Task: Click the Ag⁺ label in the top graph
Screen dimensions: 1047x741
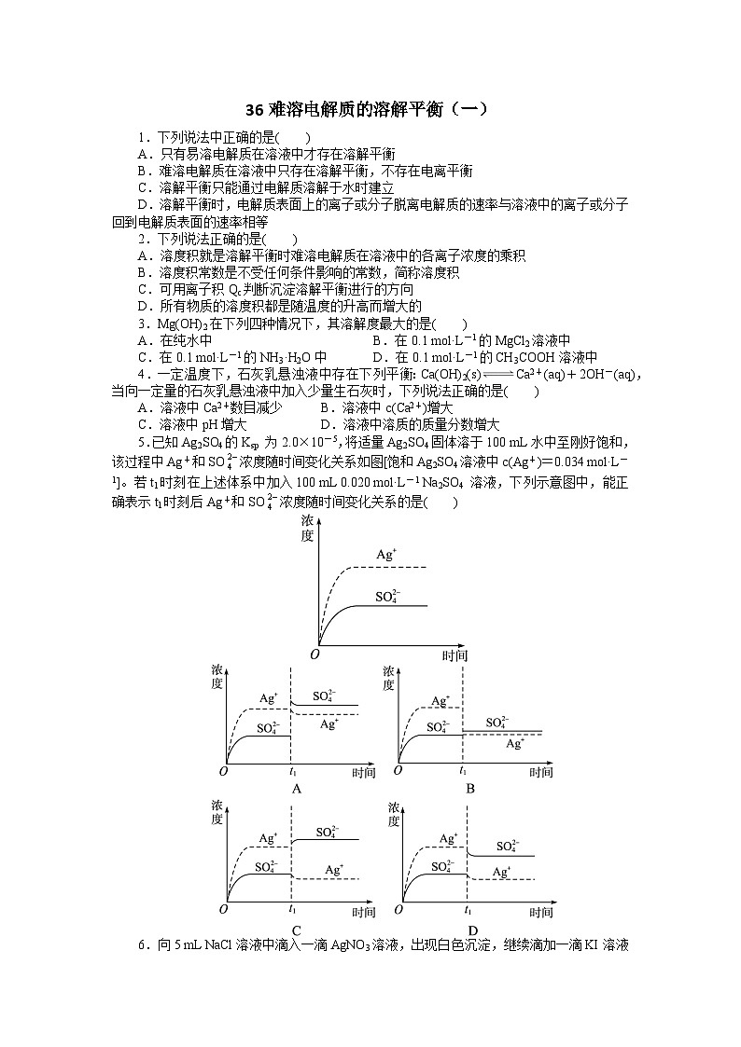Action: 386,554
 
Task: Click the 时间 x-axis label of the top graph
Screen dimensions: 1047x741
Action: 454,655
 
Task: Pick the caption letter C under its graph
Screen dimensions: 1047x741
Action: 296,930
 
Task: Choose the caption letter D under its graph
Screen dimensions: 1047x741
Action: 472,930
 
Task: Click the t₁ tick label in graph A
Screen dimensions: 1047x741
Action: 293,772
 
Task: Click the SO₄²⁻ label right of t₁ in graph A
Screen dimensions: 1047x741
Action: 323,696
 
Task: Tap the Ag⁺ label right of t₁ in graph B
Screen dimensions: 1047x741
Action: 515,744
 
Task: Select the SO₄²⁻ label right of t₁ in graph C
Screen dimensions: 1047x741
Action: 328,832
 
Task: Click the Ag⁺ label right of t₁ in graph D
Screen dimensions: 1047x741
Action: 501,872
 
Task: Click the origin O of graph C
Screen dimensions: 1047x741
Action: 224,909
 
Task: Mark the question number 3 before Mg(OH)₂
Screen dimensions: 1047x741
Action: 141,324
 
